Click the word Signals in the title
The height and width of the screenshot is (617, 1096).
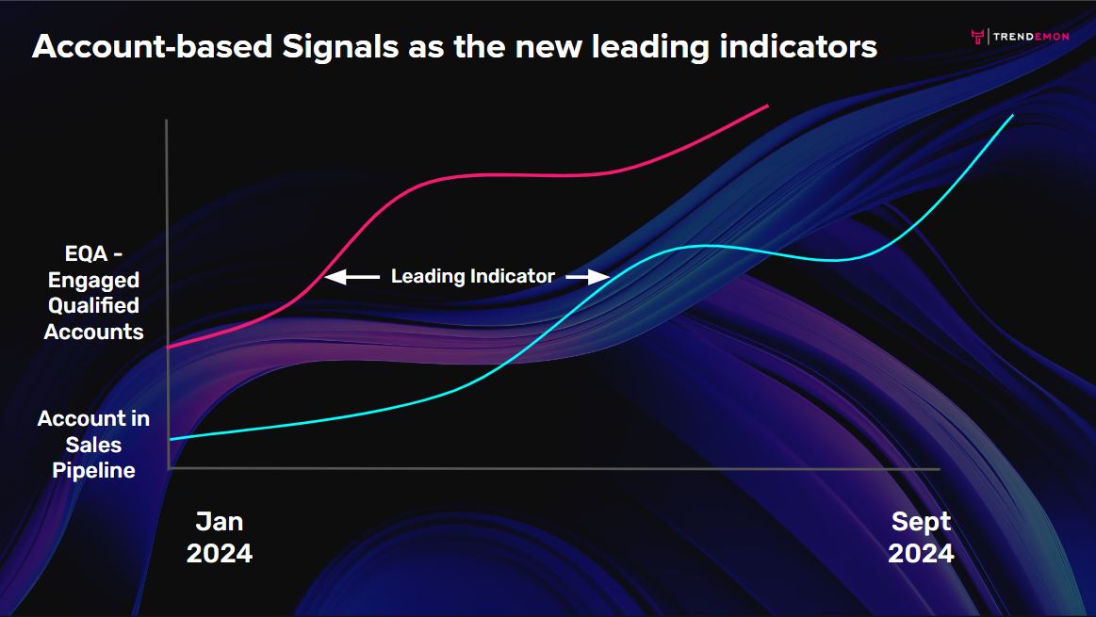coord(339,48)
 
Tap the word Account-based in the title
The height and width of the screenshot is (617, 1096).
coord(153,46)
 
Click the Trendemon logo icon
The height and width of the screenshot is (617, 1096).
coord(978,37)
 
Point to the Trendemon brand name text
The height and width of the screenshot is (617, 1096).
coord(1031,37)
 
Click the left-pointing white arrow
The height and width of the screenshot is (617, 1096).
coord(352,277)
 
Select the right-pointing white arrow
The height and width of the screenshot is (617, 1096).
coord(588,277)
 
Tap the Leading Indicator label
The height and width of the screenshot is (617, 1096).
coord(472,277)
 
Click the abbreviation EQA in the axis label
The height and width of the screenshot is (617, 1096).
coord(86,253)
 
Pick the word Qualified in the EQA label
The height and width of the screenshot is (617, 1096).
coord(93,306)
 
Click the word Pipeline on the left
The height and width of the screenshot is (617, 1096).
coord(93,470)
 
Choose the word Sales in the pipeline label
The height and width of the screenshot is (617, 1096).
coord(93,445)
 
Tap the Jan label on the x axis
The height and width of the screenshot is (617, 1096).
coord(220,521)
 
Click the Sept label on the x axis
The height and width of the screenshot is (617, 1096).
coord(922,522)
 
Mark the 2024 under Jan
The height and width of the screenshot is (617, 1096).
coord(220,553)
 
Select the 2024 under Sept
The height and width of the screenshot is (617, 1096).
coord(922,553)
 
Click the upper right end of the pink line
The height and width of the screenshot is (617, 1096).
coord(767,106)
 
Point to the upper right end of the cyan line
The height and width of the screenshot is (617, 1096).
coord(1012,115)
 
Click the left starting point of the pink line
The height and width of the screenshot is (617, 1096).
coord(169,347)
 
